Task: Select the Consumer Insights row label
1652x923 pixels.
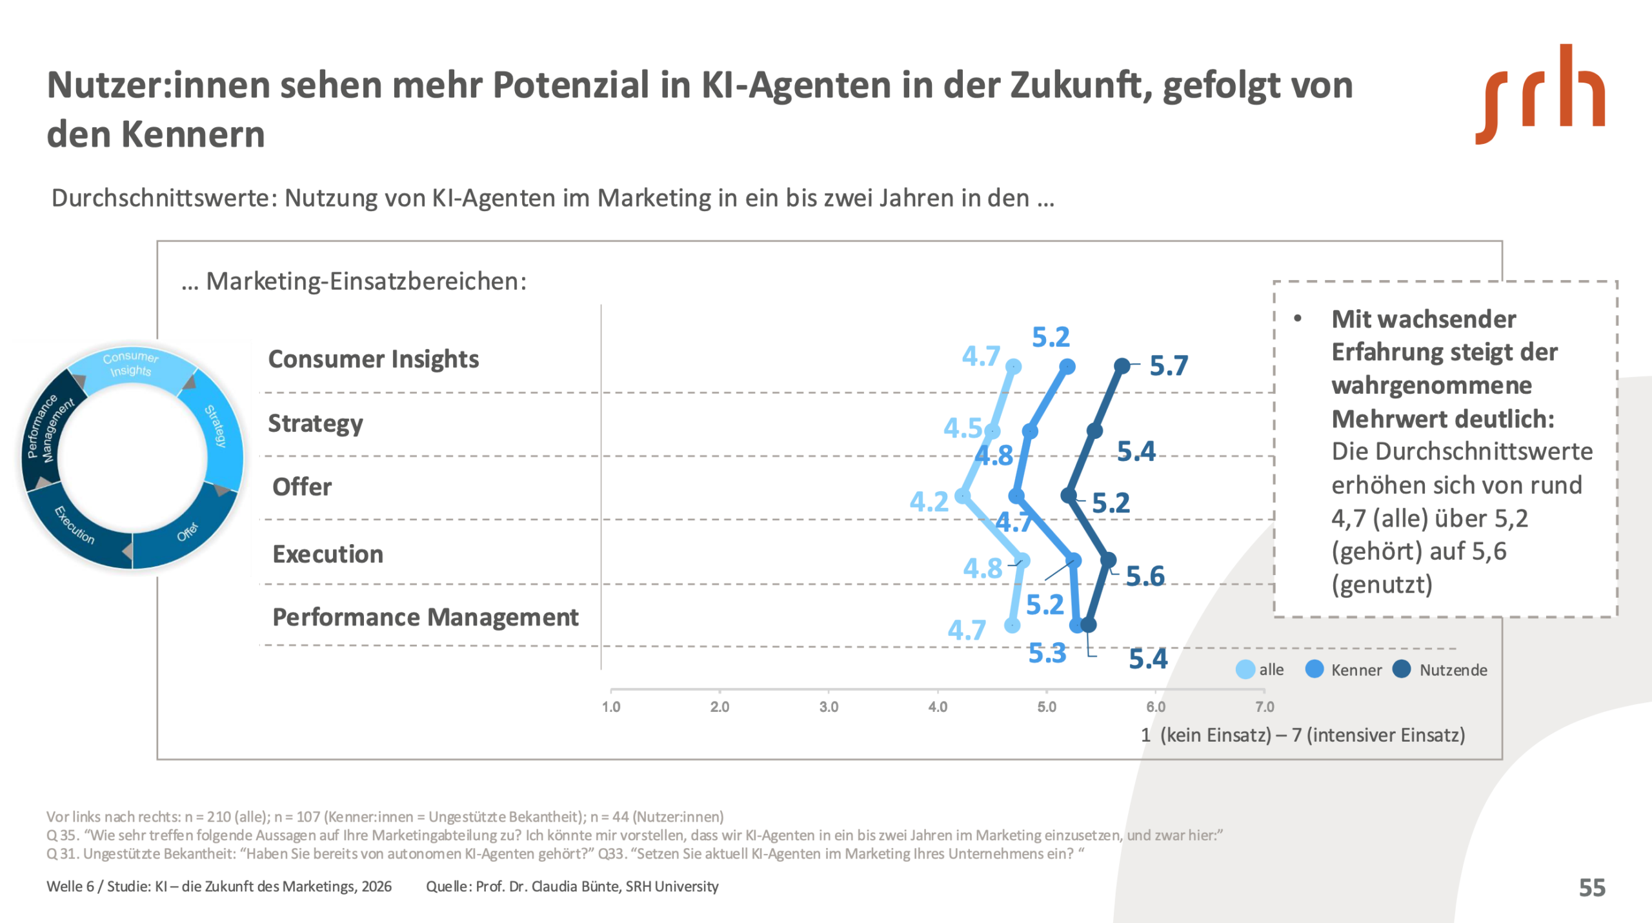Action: (373, 359)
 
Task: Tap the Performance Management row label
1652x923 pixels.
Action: (425, 617)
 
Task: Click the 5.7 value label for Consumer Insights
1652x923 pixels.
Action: (1169, 366)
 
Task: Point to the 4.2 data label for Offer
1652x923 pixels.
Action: (929, 502)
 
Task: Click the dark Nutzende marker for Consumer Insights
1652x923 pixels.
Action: (1122, 366)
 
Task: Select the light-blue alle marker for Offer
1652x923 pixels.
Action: (962, 496)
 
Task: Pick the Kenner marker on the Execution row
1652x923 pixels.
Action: (1073, 560)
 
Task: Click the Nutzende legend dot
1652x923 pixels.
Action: (1402, 669)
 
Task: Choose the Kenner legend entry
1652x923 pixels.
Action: (1356, 670)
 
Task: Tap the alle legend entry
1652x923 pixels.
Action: (1271, 670)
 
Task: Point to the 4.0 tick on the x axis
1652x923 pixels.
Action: (938, 707)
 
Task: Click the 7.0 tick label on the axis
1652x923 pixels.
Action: (1265, 707)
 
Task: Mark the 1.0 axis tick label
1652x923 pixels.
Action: (611, 707)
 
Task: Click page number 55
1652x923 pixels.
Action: (1592, 888)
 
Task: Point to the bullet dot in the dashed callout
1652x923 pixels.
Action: (1298, 318)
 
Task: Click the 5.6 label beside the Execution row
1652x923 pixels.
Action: (1145, 576)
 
